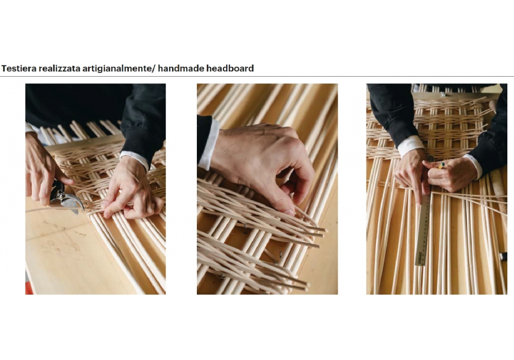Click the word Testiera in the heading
19,68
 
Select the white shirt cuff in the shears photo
135,160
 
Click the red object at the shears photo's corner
29,288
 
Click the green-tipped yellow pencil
441,166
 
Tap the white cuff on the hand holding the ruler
411,145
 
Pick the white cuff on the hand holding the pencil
474,166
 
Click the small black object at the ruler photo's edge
503,257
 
